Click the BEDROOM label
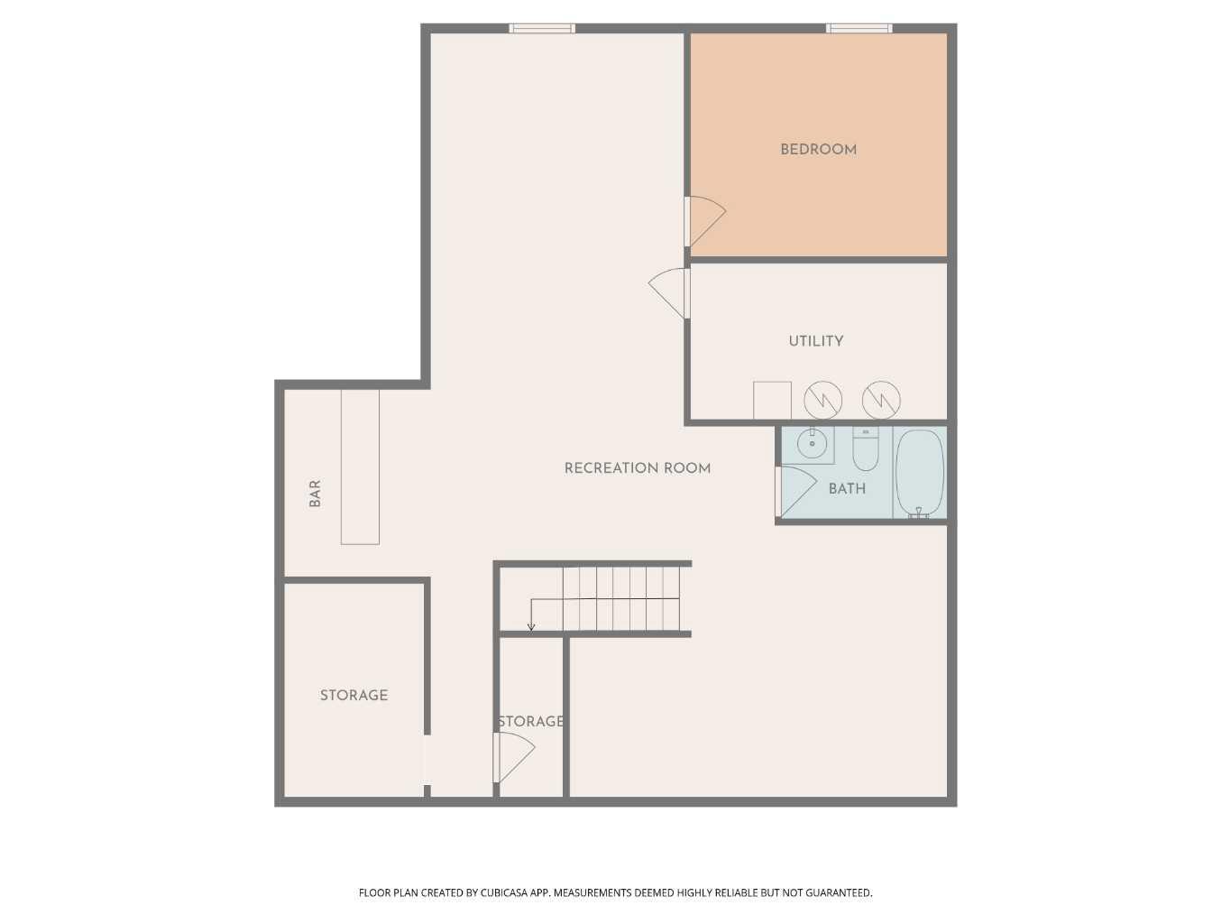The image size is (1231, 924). click(818, 150)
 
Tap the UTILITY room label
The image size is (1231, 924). click(816, 341)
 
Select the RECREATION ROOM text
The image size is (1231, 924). click(638, 468)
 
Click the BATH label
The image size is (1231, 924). click(847, 489)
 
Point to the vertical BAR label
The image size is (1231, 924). click(315, 494)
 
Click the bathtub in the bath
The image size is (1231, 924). click(919, 473)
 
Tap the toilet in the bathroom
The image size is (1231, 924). click(866, 448)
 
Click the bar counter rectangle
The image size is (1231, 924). click(360, 467)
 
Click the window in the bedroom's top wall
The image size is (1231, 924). click(859, 28)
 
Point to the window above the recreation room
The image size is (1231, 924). click(542, 28)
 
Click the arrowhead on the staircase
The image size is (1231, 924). click(531, 627)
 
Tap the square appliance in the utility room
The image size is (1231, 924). click(772, 401)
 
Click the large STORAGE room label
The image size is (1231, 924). click(354, 696)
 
